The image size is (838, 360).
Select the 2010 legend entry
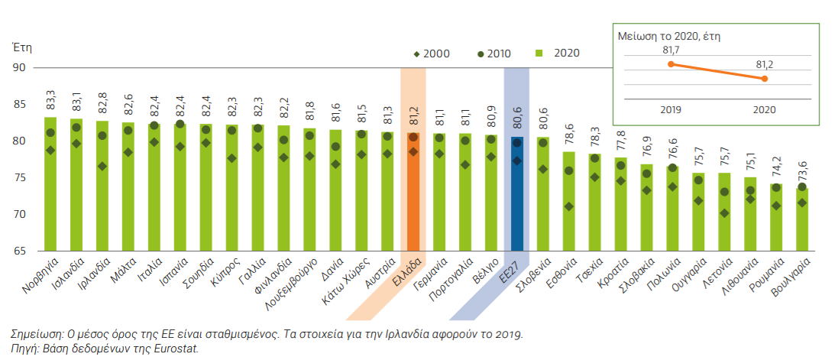click(493, 54)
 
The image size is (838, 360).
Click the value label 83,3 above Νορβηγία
click(50, 99)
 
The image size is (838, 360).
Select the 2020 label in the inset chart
click(764, 109)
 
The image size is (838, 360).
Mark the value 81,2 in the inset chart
click(765, 65)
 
